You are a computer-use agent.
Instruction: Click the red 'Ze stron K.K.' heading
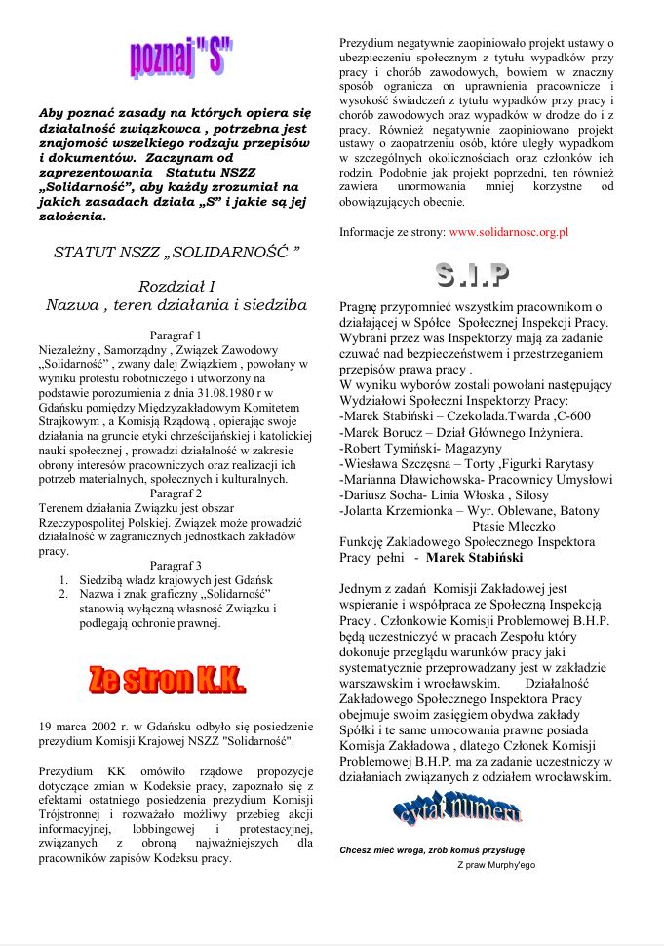167,680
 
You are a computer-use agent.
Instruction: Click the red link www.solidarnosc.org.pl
509,233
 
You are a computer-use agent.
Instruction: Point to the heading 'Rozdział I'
177,286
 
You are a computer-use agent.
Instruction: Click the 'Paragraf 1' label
176,335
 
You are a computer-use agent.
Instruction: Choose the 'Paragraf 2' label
176,493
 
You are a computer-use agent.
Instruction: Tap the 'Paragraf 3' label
176,565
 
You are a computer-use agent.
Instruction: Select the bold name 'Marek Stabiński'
474,558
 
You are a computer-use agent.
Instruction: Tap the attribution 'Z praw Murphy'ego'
495,864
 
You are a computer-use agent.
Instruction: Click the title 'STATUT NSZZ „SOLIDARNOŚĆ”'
176,252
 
